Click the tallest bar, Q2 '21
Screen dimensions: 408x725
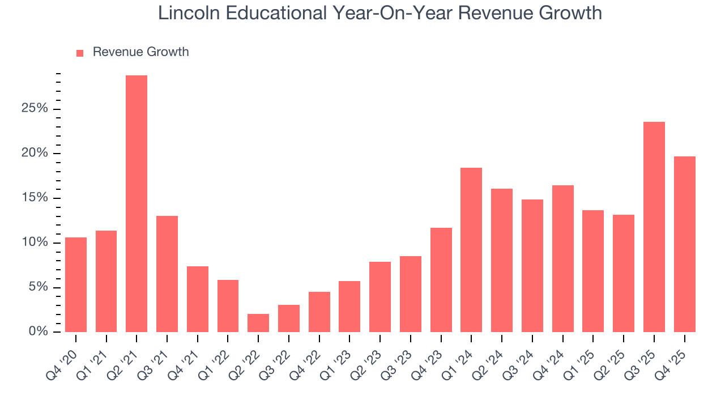click(x=137, y=203)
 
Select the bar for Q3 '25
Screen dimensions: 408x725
click(x=654, y=227)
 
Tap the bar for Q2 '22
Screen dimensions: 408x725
click(x=258, y=323)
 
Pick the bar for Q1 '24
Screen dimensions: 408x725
click(x=471, y=250)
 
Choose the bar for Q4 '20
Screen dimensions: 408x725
click(x=76, y=284)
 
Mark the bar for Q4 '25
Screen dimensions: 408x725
click(x=684, y=244)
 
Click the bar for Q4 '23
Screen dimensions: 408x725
click(x=441, y=280)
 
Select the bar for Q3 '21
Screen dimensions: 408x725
click(x=167, y=274)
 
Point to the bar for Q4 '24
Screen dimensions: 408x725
click(x=562, y=258)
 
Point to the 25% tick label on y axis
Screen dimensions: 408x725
click(x=35, y=109)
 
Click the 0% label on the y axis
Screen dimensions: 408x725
click(x=39, y=331)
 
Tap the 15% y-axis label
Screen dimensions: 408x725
click(x=35, y=198)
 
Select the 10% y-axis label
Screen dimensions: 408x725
click(x=35, y=243)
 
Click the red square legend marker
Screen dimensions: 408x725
click(x=80, y=53)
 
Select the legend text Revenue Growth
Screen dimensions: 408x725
click(x=140, y=52)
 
